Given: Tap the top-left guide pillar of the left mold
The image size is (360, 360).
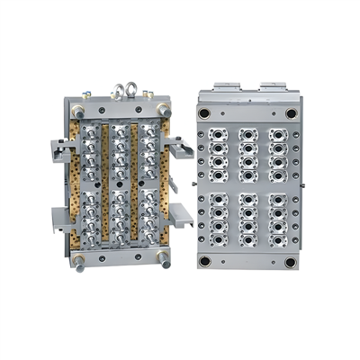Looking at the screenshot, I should (x=78, y=110).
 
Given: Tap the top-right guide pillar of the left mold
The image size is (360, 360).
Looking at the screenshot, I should (x=164, y=108).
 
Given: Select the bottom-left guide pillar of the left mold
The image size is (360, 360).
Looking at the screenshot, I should (x=78, y=262).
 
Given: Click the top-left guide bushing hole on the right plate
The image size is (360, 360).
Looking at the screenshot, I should (x=204, y=113).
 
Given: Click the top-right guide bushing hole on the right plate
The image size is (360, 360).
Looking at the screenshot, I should (x=291, y=113).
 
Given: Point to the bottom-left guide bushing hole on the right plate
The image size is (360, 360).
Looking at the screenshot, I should (x=204, y=261).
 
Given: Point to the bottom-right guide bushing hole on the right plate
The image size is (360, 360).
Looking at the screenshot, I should (x=291, y=261).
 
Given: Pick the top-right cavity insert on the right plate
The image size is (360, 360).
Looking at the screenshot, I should (x=278, y=135).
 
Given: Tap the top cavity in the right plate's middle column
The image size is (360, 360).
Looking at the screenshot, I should (x=247, y=135).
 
